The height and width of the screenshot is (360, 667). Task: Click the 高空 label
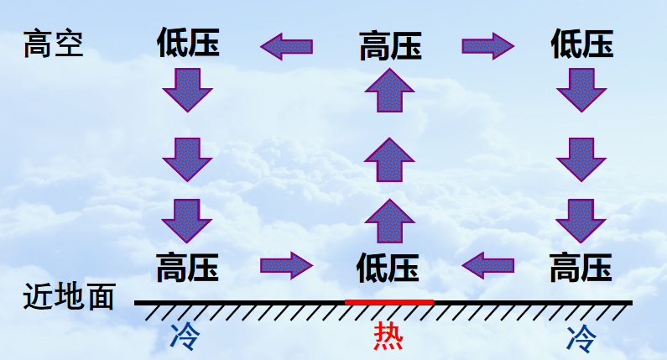pyautogui.click(x=53, y=44)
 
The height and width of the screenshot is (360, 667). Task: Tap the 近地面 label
pyautogui.click(x=69, y=296)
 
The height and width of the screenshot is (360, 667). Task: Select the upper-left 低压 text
pyautogui.click(x=188, y=42)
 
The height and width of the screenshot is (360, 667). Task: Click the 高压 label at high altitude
pyautogui.click(x=390, y=45)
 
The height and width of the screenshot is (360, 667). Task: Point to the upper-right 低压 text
pyautogui.click(x=582, y=44)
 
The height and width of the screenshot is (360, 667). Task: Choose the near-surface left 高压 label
pyautogui.click(x=187, y=267)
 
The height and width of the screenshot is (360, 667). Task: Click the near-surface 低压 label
pyautogui.click(x=388, y=268)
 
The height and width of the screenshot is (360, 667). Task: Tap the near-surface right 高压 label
pyautogui.click(x=581, y=267)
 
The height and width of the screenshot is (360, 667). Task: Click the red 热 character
pyautogui.click(x=388, y=336)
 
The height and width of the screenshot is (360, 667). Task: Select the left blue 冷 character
pyautogui.click(x=185, y=337)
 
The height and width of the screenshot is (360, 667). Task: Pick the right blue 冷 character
pyautogui.click(x=581, y=338)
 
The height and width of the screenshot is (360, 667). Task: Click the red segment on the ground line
pyautogui.click(x=388, y=302)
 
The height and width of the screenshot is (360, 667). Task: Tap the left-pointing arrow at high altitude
pyautogui.click(x=287, y=46)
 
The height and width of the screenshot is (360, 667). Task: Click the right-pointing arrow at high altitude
pyautogui.click(x=488, y=46)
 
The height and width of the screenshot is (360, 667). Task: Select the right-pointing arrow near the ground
pyautogui.click(x=287, y=266)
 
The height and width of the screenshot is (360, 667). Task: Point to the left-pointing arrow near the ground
pyautogui.click(x=488, y=266)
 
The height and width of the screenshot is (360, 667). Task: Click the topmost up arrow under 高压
pyautogui.click(x=389, y=91)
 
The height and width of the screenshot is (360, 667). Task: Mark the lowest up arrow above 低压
pyautogui.click(x=389, y=222)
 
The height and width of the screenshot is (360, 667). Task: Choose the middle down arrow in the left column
pyautogui.click(x=187, y=159)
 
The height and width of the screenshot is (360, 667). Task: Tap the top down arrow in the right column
pyautogui.click(x=581, y=91)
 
